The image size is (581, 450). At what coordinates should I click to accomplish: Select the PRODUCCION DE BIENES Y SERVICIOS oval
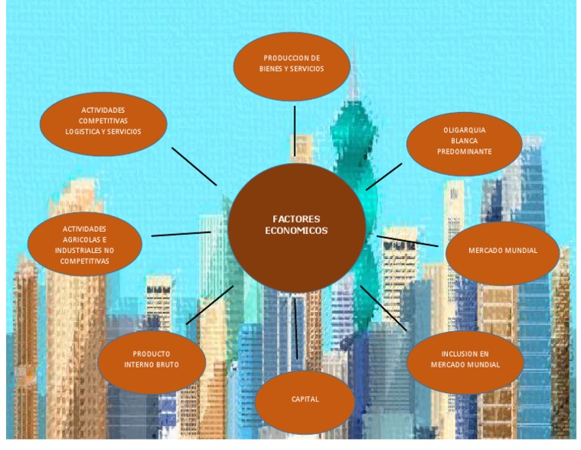coord(292,67)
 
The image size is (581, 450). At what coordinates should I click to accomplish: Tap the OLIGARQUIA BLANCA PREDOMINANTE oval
coord(464,143)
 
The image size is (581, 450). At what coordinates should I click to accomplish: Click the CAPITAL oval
coord(304,400)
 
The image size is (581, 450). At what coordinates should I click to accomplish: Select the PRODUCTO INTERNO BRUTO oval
coord(152,361)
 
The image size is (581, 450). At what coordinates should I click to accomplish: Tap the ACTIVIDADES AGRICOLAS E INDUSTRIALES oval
coord(85,244)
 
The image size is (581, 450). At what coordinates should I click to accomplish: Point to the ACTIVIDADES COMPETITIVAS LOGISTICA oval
coord(103,122)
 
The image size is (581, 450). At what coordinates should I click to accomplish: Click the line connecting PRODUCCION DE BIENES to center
coord(295,130)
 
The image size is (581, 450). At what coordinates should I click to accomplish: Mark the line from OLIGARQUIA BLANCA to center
coord(384,176)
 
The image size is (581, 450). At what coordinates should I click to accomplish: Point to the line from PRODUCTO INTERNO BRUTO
coord(210,305)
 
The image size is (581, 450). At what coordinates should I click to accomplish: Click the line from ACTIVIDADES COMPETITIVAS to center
coord(194,166)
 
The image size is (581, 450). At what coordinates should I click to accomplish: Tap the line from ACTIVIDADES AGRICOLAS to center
coord(182,234)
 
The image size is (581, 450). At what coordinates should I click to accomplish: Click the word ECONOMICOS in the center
coord(297,230)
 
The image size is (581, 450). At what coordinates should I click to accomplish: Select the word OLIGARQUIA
coord(464,130)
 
